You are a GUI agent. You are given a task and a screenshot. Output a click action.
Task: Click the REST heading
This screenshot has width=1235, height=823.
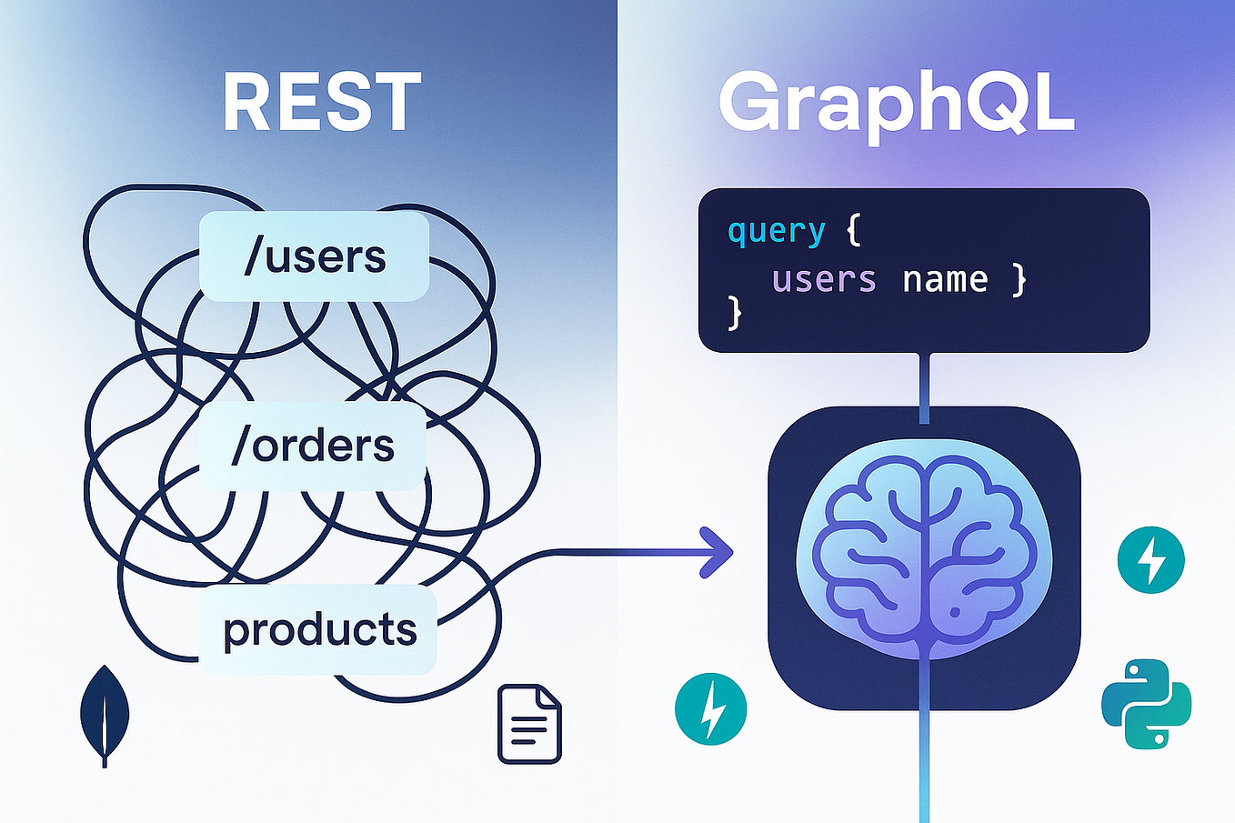[x=322, y=104]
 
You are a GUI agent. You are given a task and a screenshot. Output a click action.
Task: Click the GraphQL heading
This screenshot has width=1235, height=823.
[x=896, y=105]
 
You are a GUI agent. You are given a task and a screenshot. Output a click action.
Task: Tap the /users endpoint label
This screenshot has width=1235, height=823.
[x=315, y=256]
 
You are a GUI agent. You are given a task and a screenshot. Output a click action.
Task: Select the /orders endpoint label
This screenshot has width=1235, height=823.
[x=313, y=446]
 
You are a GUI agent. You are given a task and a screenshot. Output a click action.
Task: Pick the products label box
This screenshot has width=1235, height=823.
[x=318, y=629]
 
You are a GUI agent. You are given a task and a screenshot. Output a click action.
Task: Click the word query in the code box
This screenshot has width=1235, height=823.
[x=776, y=232]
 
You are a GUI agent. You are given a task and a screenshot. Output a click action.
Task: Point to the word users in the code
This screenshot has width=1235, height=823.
[x=824, y=279]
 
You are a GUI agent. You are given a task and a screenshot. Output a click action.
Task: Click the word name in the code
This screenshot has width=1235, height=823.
[x=945, y=279]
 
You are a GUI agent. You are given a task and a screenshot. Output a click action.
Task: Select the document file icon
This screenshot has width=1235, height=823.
[x=529, y=724]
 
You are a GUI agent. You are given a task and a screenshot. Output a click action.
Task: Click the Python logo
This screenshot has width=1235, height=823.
[x=1146, y=704]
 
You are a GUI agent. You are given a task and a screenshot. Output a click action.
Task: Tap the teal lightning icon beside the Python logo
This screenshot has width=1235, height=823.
[x=1150, y=560]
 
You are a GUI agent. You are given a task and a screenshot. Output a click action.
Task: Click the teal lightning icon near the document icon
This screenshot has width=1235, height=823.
[x=710, y=708]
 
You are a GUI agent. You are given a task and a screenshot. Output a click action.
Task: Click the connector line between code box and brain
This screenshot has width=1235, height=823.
[x=924, y=386]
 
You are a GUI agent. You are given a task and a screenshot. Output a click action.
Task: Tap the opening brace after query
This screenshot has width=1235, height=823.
[x=852, y=231]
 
